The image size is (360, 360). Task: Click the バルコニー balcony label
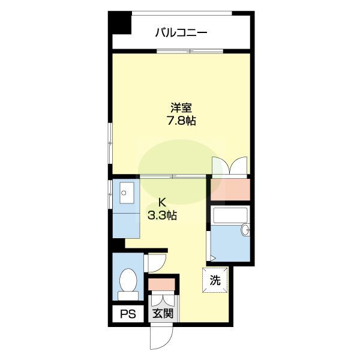point(181,32)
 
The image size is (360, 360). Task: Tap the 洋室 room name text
point(181,109)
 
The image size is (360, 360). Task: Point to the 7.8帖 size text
point(181,121)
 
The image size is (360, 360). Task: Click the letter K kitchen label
point(161,202)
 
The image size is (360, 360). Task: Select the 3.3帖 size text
point(161,215)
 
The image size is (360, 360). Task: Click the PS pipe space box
point(127,313)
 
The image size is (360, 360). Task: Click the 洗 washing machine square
point(214,280)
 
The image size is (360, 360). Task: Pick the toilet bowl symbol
point(127,279)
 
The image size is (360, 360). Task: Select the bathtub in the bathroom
point(230,215)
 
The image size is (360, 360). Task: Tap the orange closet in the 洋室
point(229,189)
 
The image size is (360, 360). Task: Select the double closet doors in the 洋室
point(229,166)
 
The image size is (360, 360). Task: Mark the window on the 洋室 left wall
point(110,144)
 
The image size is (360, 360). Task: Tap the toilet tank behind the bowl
point(127,295)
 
